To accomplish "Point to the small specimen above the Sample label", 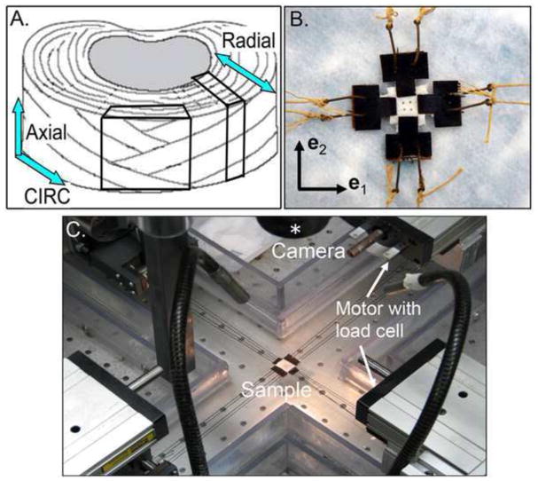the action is (x=288, y=366).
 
